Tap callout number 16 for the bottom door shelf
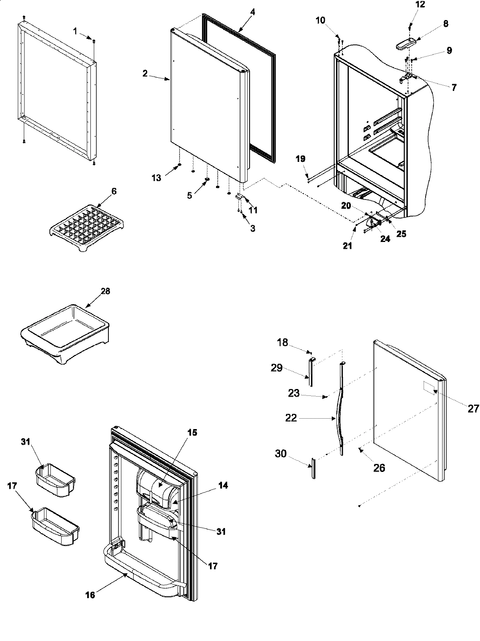90,595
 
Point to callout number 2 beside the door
145,73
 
